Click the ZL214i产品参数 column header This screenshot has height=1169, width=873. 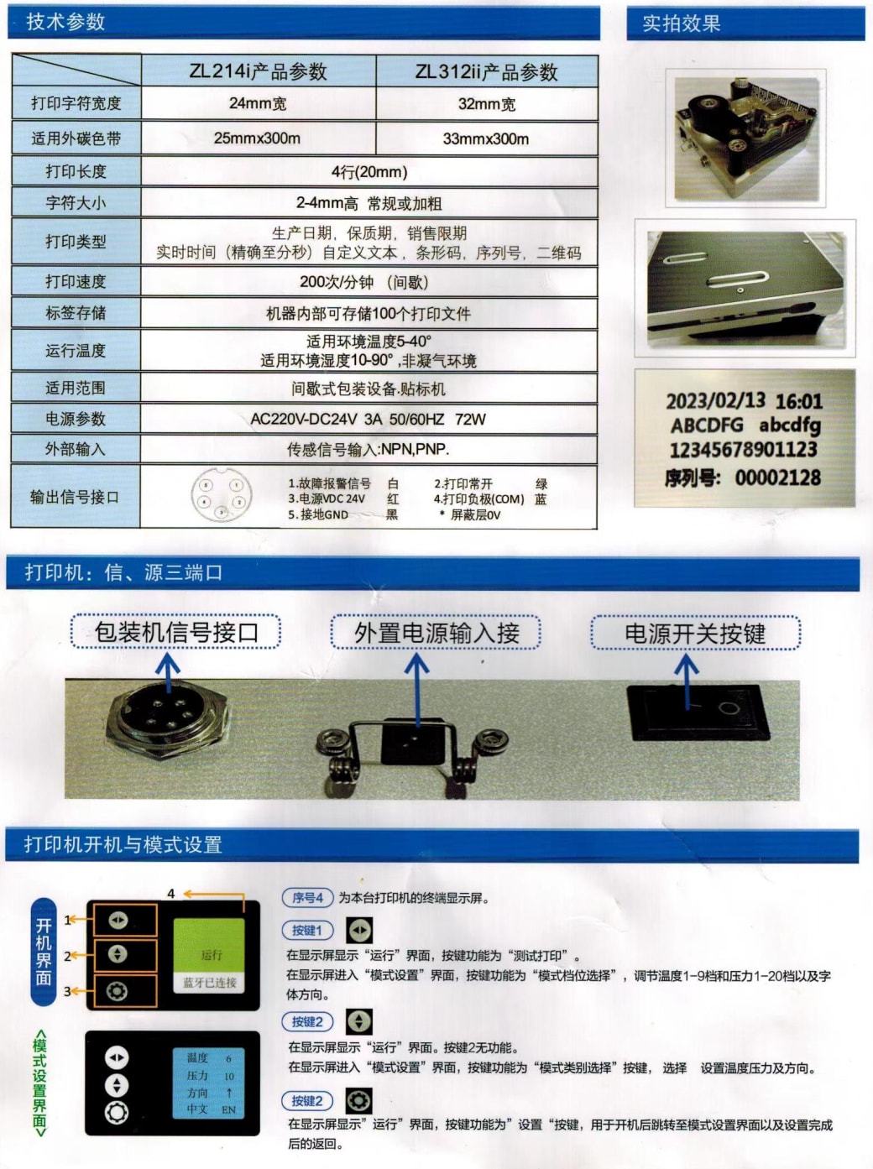[258, 71]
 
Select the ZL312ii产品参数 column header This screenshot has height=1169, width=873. [486, 72]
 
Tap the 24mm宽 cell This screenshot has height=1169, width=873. [258, 103]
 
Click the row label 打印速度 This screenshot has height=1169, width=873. [76, 281]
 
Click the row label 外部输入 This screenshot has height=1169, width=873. [76, 449]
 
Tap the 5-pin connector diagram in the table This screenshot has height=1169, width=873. [221, 496]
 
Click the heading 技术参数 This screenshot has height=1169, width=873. [65, 22]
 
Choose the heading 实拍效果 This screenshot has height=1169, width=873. [681, 23]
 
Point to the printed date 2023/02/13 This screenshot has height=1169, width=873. [715, 401]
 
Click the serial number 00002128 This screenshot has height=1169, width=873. [777, 478]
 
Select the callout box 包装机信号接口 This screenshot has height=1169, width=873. [175, 632]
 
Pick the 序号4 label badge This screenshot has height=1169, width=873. [307, 897]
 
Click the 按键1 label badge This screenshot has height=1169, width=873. [307, 930]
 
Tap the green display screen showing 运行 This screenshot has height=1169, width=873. [209, 955]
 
